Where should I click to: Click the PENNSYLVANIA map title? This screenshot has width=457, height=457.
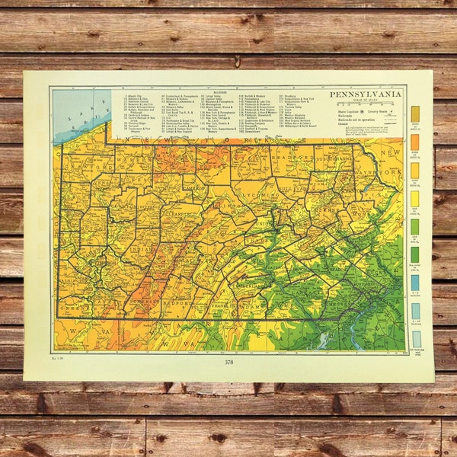click(x=365, y=94)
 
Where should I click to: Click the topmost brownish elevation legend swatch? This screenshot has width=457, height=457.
click(x=415, y=113)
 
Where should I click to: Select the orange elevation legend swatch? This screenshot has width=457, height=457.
click(x=415, y=142)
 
